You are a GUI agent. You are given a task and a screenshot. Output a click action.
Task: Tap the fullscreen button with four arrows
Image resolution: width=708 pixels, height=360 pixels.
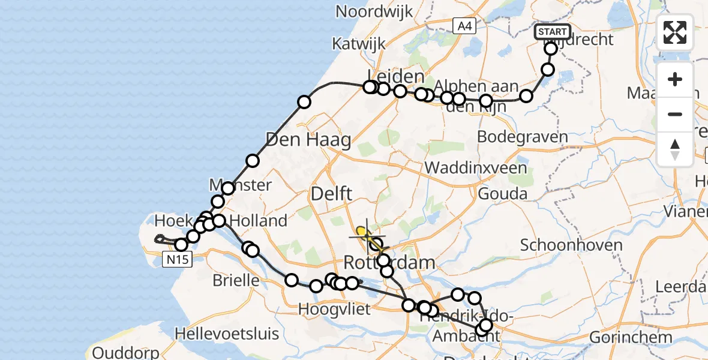click(x=675, y=32)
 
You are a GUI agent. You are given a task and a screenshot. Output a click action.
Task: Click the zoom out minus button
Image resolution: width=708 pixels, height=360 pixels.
click(x=675, y=114)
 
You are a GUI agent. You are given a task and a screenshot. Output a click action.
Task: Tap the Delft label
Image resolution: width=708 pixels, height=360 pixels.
click(x=331, y=194)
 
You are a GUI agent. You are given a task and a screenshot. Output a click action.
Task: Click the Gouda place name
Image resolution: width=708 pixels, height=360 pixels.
click(x=503, y=194)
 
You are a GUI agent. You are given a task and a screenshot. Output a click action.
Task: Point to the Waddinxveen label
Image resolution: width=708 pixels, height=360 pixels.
click(x=476, y=167)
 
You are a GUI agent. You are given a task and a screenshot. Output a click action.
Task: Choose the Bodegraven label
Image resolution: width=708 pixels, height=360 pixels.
click(x=522, y=137)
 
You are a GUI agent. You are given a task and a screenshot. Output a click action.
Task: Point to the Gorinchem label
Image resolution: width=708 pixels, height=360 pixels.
click(x=631, y=337)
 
